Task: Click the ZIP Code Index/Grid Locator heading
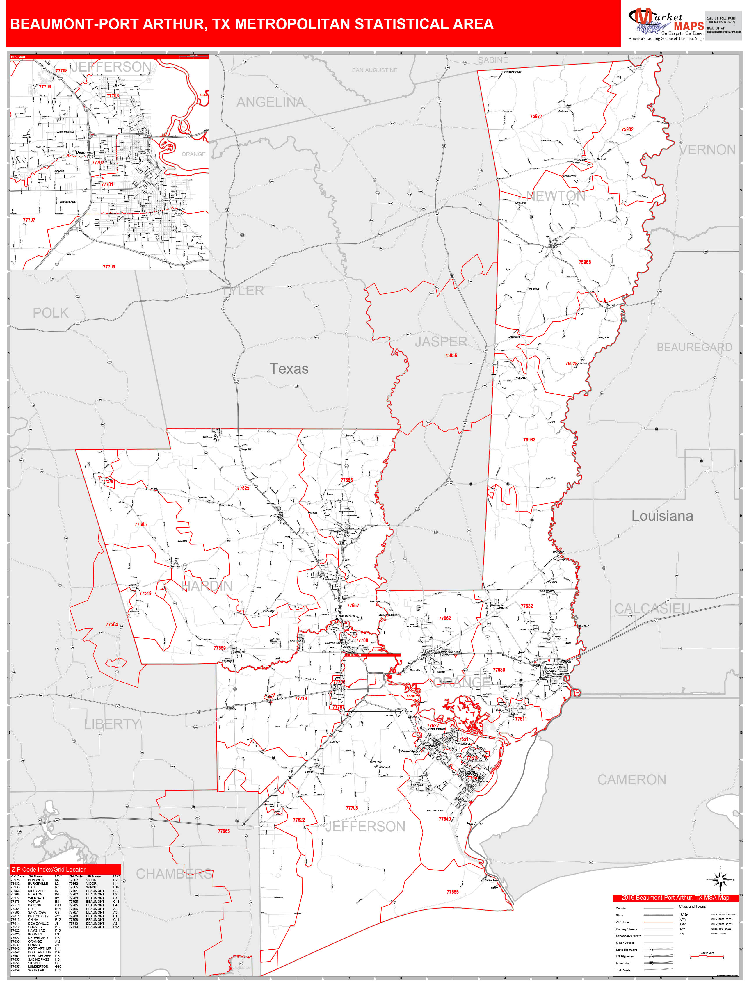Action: [48, 869]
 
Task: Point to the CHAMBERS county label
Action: [174, 874]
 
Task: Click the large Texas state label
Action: [289, 369]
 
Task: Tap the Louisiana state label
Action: [662, 516]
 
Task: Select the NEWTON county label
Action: [556, 196]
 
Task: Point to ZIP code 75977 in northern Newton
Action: [536, 116]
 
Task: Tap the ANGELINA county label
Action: [270, 102]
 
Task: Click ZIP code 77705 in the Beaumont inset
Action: [109, 266]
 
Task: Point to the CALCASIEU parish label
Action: [652, 608]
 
